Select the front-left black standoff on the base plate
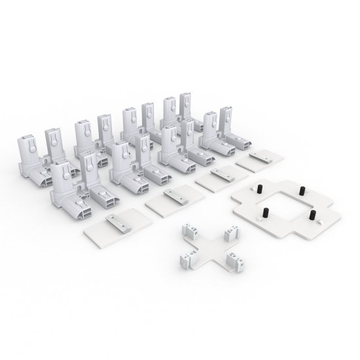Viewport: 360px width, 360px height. point(267,212)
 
